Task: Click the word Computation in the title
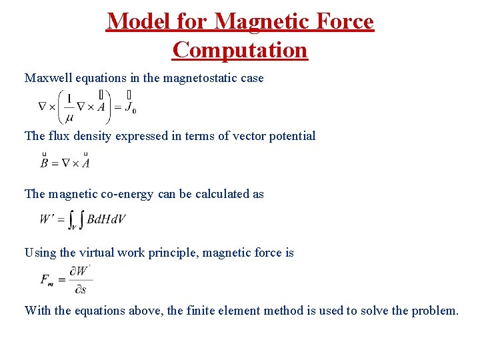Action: point(240,49)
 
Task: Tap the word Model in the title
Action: point(135,21)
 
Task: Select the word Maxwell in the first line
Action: point(48,78)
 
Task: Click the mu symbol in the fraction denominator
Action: point(69,118)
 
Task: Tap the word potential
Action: point(290,136)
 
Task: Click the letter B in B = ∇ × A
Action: point(44,163)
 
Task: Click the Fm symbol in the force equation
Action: point(47,279)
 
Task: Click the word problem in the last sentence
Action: point(435,310)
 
